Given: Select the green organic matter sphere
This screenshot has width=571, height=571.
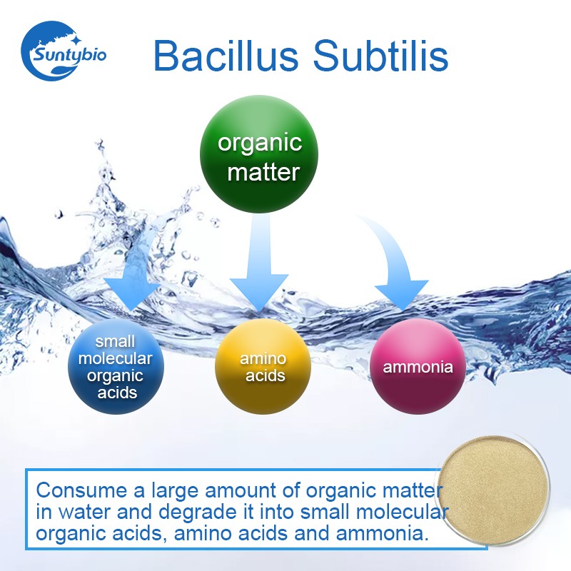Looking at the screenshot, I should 259,156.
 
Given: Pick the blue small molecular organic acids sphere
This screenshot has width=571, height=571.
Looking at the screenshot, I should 116,367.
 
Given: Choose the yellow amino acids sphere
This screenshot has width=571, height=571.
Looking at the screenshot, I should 263,366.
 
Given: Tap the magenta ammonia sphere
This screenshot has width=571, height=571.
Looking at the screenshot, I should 418,367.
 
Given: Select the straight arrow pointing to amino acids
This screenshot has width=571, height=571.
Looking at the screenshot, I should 259,264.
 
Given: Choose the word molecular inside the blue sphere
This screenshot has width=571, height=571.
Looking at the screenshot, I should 116,359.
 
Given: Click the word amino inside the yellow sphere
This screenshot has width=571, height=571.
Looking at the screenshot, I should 263,358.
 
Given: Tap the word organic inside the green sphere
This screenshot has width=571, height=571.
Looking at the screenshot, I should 260,142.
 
